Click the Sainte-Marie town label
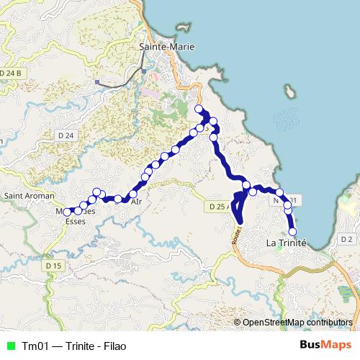(x=166, y=47)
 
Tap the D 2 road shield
(x=346, y=239)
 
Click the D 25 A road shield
(x=219, y=207)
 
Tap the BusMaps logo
(x=325, y=345)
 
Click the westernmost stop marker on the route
(x=67, y=212)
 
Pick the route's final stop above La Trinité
(x=292, y=231)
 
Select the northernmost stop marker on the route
(x=199, y=109)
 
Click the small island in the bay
(x=290, y=91)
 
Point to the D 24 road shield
(x=66, y=135)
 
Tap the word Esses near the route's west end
(x=75, y=222)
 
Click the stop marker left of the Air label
(x=118, y=199)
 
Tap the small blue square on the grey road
(x=97, y=82)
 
